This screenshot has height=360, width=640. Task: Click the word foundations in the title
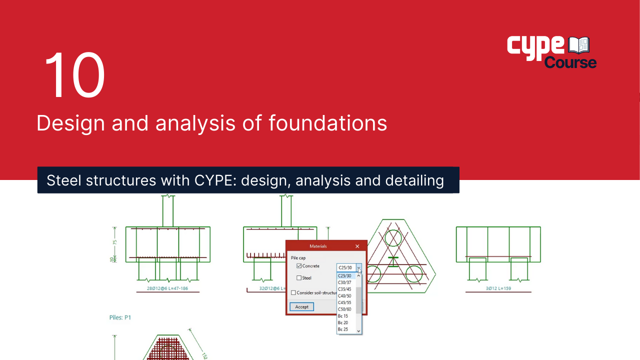(327, 123)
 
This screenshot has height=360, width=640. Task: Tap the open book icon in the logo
(579, 45)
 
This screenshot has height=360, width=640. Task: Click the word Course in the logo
(570, 62)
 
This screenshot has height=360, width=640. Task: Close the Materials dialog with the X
(357, 246)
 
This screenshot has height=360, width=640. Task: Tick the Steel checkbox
(299, 278)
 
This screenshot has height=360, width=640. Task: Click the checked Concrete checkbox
(299, 266)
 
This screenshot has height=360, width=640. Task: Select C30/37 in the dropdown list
(344, 282)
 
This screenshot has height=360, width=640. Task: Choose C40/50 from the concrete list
(344, 296)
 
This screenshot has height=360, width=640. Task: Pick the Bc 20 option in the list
(342, 323)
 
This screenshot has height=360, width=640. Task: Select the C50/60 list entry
(344, 309)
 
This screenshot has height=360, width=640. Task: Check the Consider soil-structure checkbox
(293, 293)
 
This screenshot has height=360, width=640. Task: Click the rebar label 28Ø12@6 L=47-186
(167, 288)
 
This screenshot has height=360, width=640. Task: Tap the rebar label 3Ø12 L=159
(498, 288)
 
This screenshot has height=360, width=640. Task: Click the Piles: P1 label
(120, 317)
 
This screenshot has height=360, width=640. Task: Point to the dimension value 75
(115, 242)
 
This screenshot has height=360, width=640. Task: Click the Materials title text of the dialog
(318, 246)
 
